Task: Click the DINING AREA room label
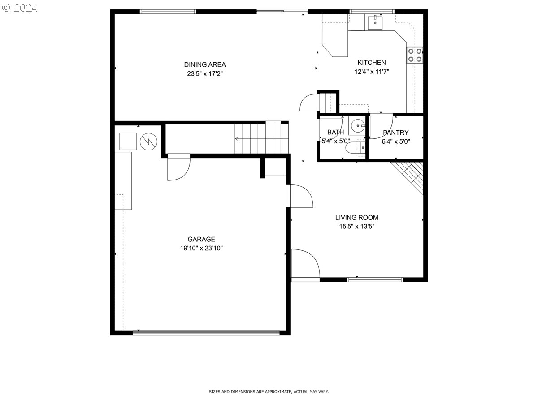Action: (x=204, y=64)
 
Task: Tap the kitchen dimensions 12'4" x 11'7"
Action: (x=372, y=72)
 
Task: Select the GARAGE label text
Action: (x=201, y=239)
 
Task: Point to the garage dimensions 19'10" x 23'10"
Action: (x=201, y=248)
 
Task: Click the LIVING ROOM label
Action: (x=356, y=217)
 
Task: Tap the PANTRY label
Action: (x=395, y=133)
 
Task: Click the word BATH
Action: (x=335, y=132)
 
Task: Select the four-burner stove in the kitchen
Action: (x=415, y=55)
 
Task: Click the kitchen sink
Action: (x=375, y=22)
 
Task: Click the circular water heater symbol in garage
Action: (x=148, y=141)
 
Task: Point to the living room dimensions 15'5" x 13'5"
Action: (x=356, y=226)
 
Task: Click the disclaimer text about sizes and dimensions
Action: (x=269, y=392)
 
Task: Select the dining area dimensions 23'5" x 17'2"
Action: (x=204, y=73)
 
